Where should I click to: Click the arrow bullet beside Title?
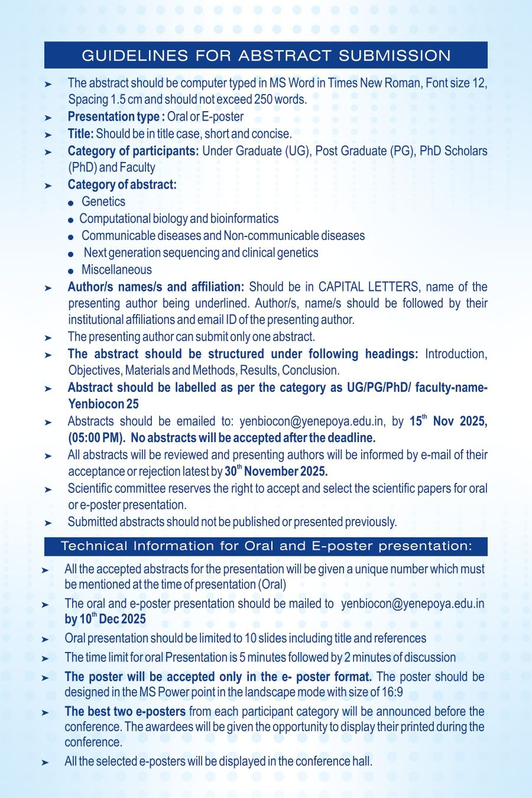point(48,135)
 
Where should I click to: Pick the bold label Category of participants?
point(133,151)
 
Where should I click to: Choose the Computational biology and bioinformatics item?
point(179,219)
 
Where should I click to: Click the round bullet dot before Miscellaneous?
point(70,271)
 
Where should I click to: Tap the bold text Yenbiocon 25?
point(103,404)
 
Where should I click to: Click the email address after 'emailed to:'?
point(311,421)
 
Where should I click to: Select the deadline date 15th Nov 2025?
point(447,421)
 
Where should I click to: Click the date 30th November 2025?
point(276,471)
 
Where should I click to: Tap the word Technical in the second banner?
point(95,546)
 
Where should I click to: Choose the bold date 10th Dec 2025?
point(112,619)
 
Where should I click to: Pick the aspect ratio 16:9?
point(392,692)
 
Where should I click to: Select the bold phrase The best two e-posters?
point(125,711)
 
